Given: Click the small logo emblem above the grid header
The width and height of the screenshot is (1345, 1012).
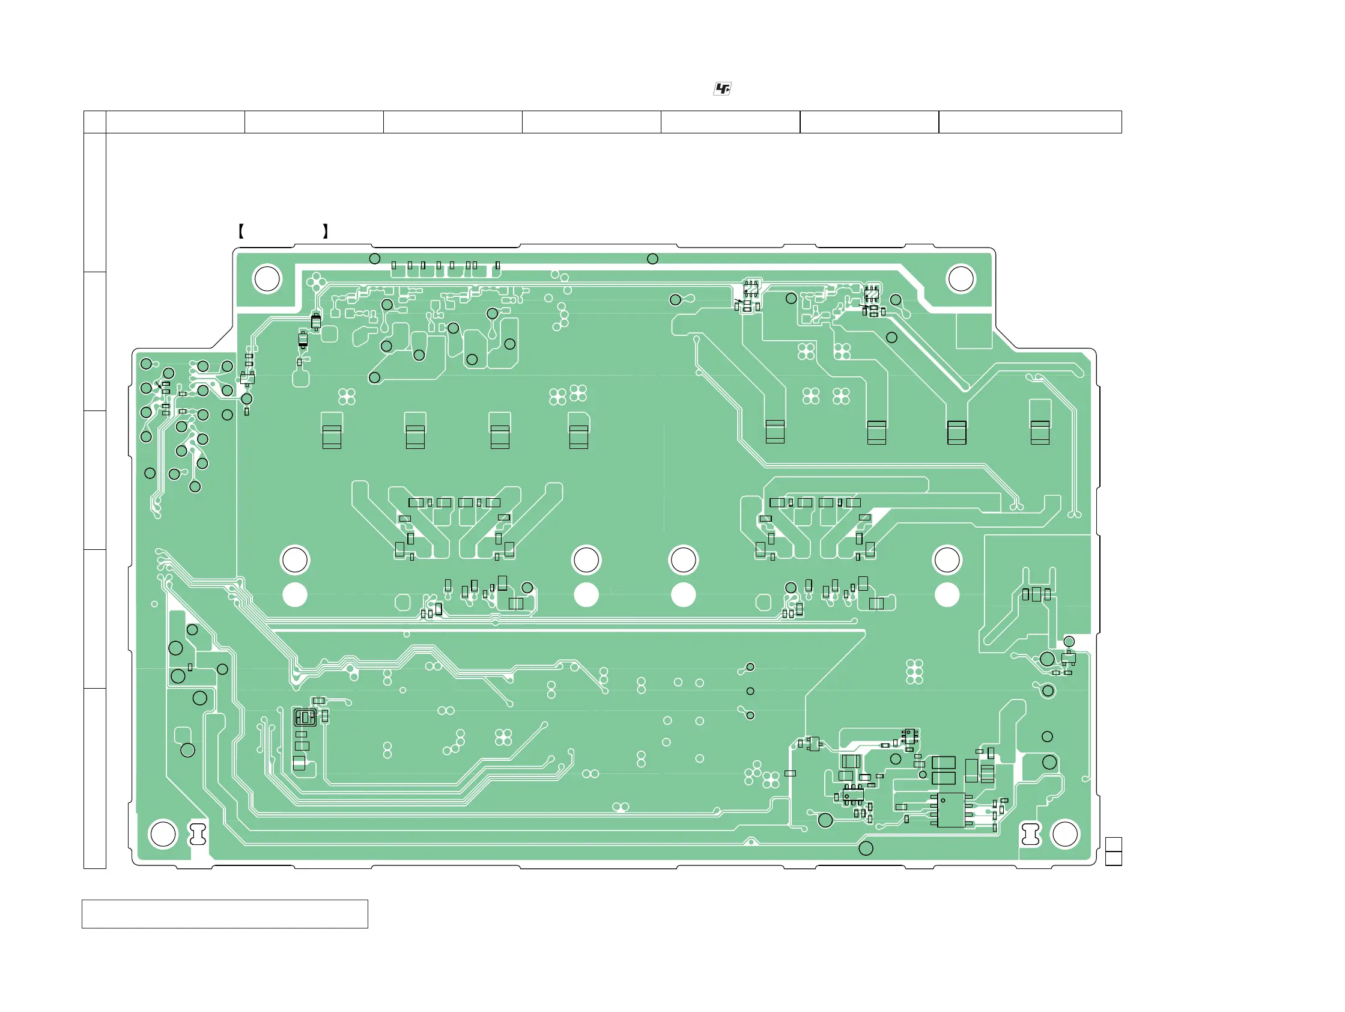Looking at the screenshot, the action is (721, 89).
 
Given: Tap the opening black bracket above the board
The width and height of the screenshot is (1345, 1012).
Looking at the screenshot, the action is (241, 231).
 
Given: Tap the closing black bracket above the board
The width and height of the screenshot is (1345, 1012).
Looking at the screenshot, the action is (326, 231).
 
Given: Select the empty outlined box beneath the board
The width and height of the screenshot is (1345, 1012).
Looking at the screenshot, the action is (225, 914).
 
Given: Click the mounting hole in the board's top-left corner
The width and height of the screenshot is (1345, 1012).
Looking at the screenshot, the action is (267, 279).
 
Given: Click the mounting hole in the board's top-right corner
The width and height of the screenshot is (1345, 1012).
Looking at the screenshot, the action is (961, 279).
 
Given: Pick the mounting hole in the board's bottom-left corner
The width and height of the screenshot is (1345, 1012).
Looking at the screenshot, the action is (163, 834).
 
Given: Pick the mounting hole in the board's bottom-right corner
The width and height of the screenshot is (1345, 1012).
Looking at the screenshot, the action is (1064, 834).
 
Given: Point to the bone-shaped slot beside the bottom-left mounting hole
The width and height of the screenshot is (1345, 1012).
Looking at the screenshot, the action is (198, 834).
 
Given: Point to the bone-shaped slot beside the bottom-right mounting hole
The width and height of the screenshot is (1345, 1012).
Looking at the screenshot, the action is (1031, 834).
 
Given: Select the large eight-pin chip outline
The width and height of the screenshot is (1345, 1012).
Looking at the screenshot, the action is (951, 810).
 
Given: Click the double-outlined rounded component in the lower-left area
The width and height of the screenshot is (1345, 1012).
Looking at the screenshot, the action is (305, 718).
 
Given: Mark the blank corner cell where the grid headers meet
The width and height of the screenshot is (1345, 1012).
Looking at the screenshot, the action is (95, 121).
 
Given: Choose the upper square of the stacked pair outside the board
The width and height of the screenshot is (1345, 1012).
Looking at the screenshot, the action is (1113, 844).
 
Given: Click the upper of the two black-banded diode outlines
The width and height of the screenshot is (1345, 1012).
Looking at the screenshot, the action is (316, 321).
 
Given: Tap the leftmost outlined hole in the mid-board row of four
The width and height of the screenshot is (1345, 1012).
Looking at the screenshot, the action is (295, 560).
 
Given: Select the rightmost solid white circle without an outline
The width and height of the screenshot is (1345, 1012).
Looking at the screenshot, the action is (947, 595).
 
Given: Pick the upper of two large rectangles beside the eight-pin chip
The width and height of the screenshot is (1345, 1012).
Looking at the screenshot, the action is (944, 763).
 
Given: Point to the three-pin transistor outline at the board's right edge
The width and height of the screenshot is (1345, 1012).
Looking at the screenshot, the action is (1068, 658).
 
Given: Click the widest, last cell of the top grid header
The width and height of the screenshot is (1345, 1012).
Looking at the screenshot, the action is (1030, 121).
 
